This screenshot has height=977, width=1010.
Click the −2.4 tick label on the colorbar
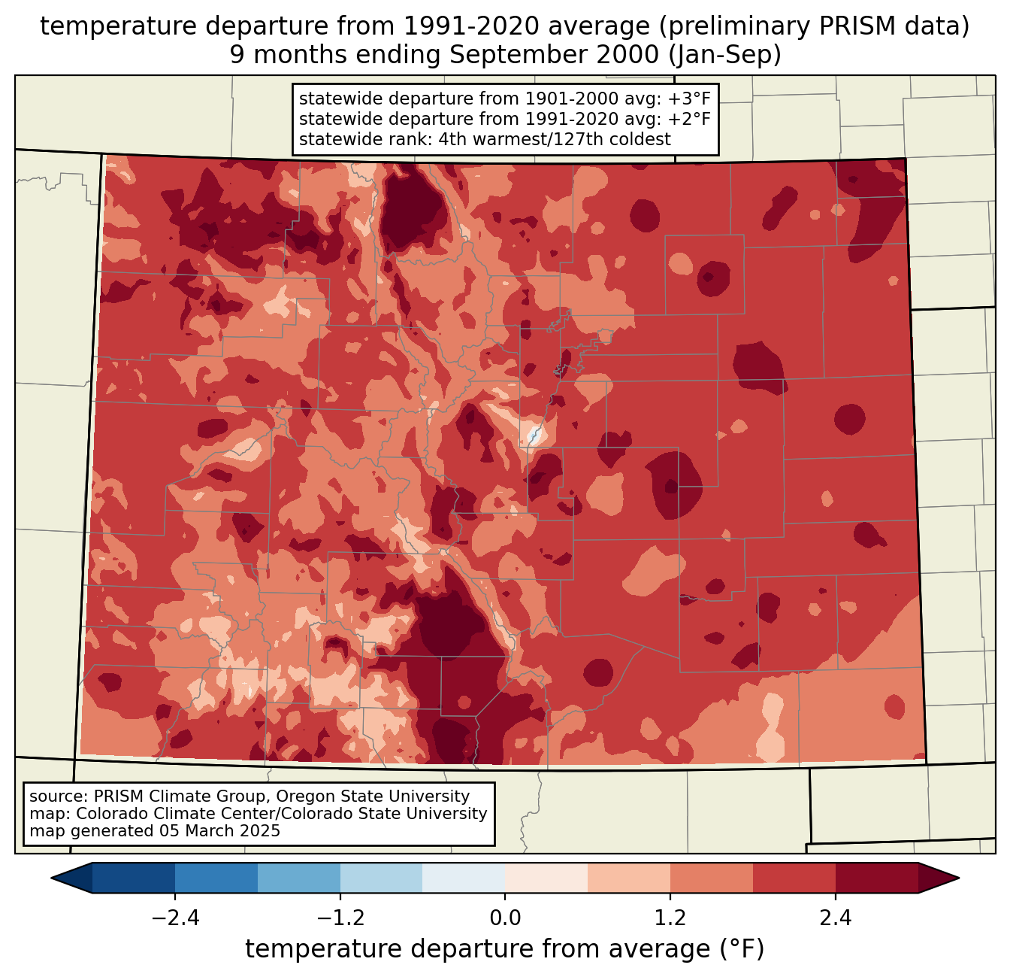(175, 918)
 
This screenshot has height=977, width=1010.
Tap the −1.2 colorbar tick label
(340, 918)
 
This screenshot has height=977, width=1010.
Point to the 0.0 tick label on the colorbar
(505, 918)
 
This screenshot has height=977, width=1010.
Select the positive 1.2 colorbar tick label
(670, 918)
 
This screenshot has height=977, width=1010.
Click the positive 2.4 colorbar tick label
(836, 918)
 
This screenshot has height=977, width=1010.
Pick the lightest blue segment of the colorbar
(464, 878)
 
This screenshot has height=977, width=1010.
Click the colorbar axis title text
(505, 949)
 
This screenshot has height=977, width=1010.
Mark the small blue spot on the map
(534, 435)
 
